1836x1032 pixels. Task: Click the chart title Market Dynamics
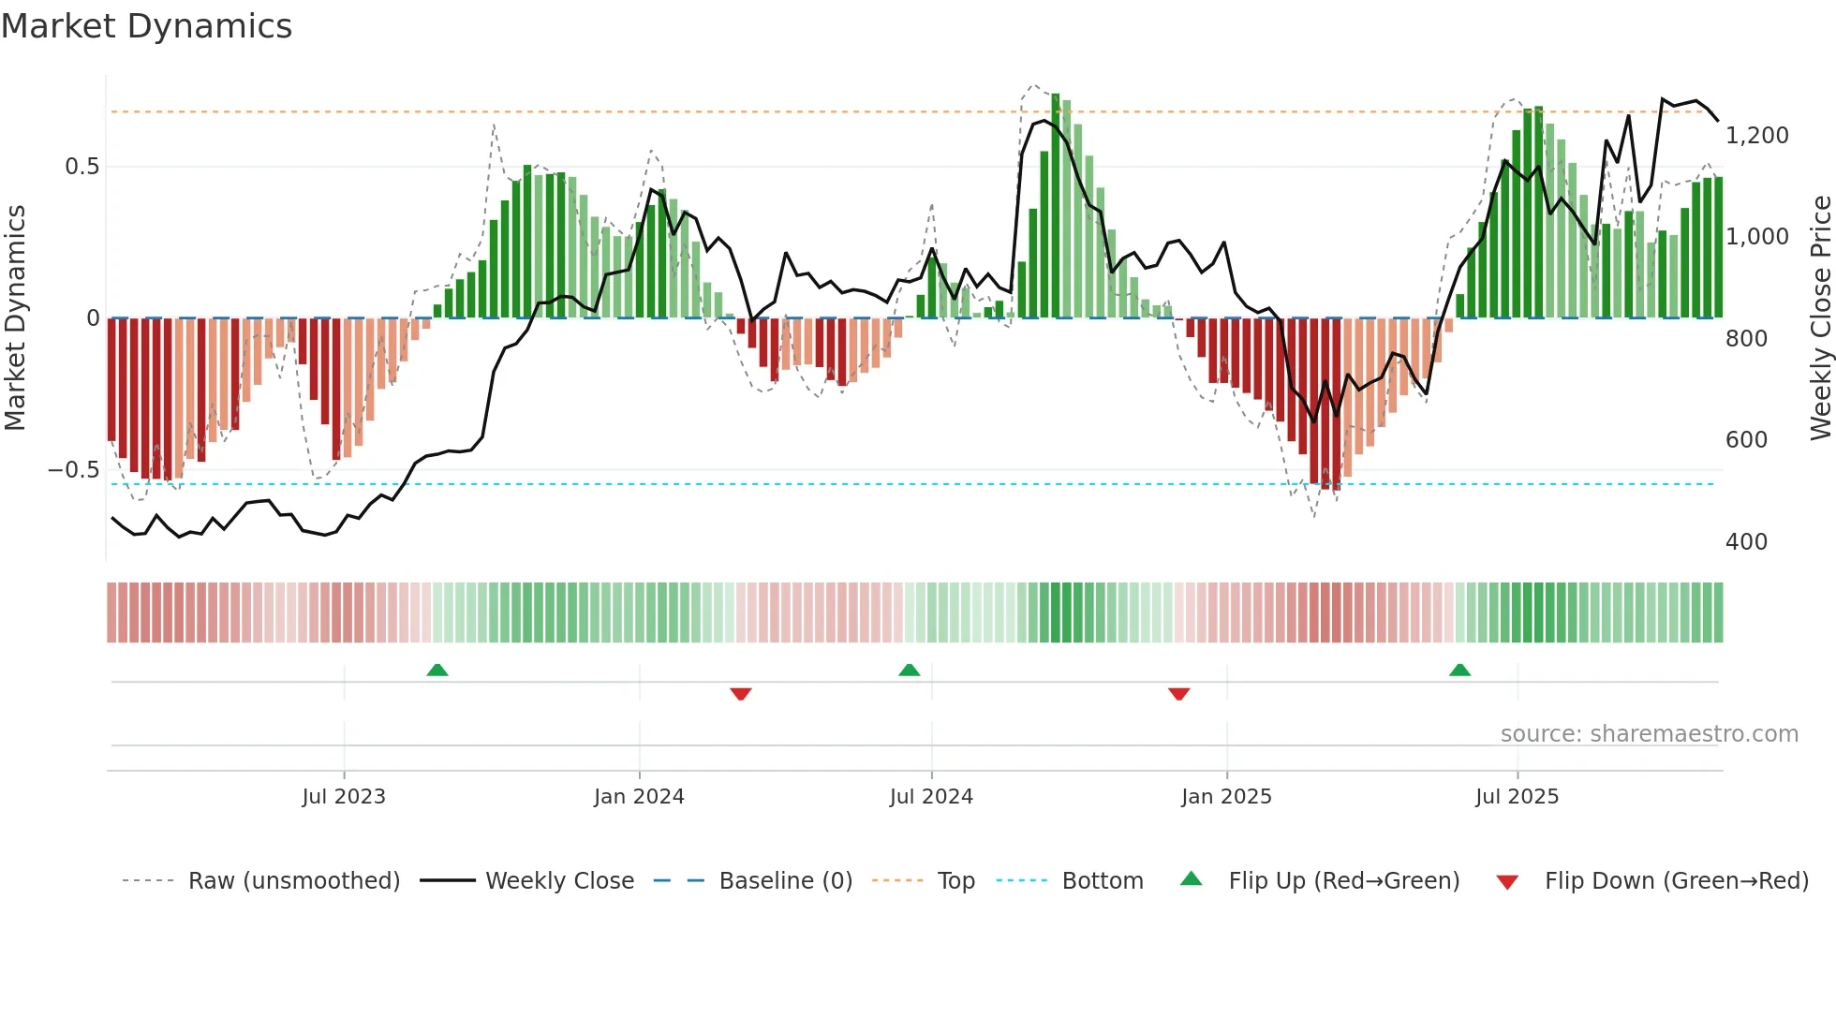click(x=146, y=26)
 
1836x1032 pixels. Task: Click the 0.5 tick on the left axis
click(x=81, y=167)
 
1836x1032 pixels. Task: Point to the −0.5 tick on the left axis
click(x=73, y=470)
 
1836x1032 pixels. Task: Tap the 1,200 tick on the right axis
click(x=1756, y=136)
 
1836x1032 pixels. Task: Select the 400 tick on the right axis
click(x=1746, y=542)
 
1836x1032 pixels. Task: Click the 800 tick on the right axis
click(x=1746, y=339)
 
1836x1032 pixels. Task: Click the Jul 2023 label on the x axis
click(x=344, y=797)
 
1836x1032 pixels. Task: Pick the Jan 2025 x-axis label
click(x=1226, y=797)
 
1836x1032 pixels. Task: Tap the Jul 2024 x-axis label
click(x=931, y=797)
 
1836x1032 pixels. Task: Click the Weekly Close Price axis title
click(x=1820, y=318)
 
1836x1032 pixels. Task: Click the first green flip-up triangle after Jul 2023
click(x=437, y=670)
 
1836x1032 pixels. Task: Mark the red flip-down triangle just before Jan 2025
click(x=1179, y=694)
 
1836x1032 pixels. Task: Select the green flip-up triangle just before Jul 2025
click(x=1459, y=670)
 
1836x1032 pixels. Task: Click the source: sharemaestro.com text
click(x=1649, y=734)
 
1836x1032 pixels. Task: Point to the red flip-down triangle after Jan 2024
click(x=741, y=694)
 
